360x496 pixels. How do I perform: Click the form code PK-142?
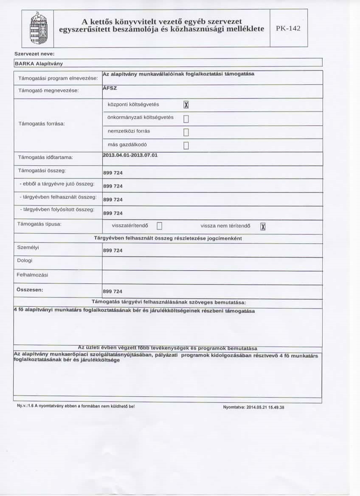point(288,29)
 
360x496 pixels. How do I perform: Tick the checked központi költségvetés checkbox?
point(185,105)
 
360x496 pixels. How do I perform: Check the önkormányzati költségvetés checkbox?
point(185,119)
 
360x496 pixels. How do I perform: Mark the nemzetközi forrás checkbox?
point(185,132)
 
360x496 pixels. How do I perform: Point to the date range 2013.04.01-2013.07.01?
point(130,155)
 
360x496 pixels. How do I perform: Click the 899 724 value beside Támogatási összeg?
point(113,173)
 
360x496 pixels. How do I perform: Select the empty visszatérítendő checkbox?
point(160,226)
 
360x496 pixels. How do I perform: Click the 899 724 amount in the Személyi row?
point(113,251)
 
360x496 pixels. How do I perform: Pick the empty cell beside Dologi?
point(212,263)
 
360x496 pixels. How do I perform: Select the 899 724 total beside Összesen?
point(113,291)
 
